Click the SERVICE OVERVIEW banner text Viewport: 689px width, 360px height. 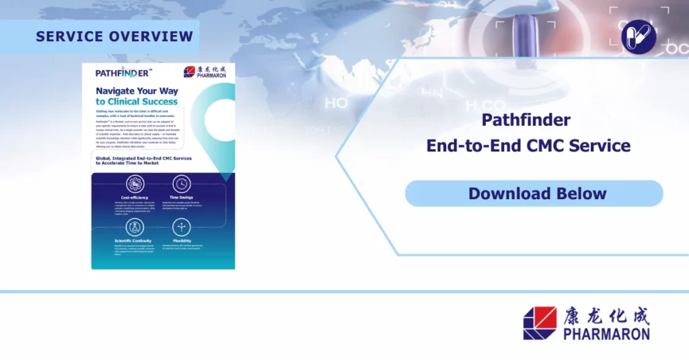[x=114, y=36]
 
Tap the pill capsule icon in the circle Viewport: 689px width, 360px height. [x=638, y=36]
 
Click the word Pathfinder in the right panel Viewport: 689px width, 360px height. [x=526, y=120]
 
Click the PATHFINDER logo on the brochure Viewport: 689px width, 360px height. [x=123, y=73]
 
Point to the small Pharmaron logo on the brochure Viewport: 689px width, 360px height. [x=207, y=72]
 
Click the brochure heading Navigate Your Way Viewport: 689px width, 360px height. [x=136, y=90]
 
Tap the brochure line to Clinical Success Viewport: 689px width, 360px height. [x=137, y=102]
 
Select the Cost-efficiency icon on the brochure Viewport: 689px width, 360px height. [x=135, y=184]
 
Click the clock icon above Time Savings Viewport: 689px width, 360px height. [x=182, y=184]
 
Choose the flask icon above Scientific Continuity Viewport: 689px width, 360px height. [x=135, y=227]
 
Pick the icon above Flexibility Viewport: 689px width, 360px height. [x=182, y=227]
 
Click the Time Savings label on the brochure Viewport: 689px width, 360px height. [x=182, y=198]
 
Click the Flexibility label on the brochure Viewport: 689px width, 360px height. [x=182, y=240]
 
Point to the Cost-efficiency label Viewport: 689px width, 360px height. [x=135, y=198]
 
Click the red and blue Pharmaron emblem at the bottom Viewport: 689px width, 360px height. [x=540, y=323]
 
